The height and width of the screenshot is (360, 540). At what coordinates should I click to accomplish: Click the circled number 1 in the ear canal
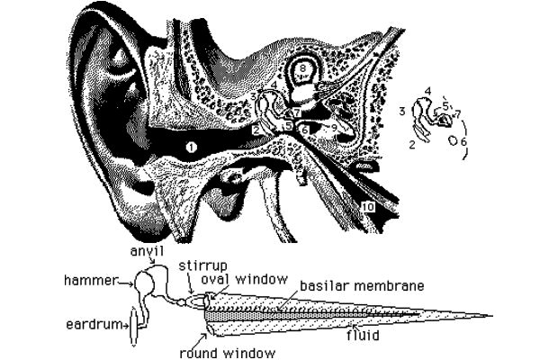[x=190, y=144]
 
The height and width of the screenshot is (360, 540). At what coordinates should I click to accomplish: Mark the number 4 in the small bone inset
[x=427, y=91]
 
